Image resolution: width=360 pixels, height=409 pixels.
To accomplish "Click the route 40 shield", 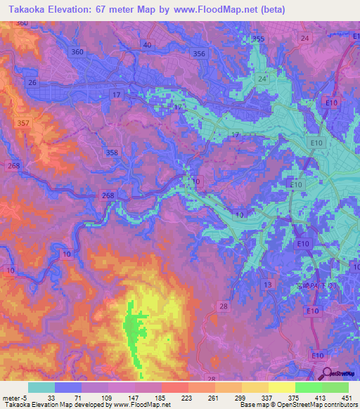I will pyautogui.click(x=146, y=45).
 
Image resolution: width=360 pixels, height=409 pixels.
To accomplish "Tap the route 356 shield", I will pyautogui.click(x=199, y=53).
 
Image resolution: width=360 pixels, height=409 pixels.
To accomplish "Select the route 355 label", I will pyautogui.click(x=258, y=39).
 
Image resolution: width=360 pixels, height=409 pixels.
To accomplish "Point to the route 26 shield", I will pyautogui.click(x=32, y=82).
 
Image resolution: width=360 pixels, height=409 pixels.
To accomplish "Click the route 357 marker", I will pyautogui.click(x=22, y=123).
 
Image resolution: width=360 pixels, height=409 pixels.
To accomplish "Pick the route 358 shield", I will pyautogui.click(x=111, y=152).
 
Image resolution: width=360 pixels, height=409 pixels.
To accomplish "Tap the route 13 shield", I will pyautogui.click(x=267, y=284).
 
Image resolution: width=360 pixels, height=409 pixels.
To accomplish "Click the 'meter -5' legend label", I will pyautogui.click(x=15, y=398).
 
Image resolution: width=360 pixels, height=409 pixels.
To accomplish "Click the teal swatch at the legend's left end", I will pyautogui.click(x=41, y=387).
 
